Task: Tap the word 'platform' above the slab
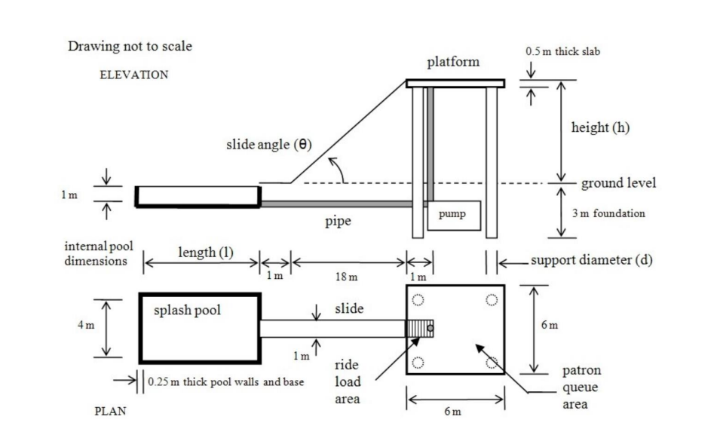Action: click(452, 62)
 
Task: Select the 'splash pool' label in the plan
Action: click(188, 310)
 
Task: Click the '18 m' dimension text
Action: click(348, 277)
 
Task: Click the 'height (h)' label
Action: click(600, 127)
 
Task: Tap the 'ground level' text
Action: click(618, 182)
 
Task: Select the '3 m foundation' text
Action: click(608, 213)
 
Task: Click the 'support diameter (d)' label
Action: click(591, 261)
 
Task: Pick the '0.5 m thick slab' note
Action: click(562, 52)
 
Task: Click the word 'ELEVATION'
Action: click(133, 75)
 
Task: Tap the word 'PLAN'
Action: click(110, 412)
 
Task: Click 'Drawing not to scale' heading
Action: click(130, 46)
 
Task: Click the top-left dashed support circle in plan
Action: click(418, 299)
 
